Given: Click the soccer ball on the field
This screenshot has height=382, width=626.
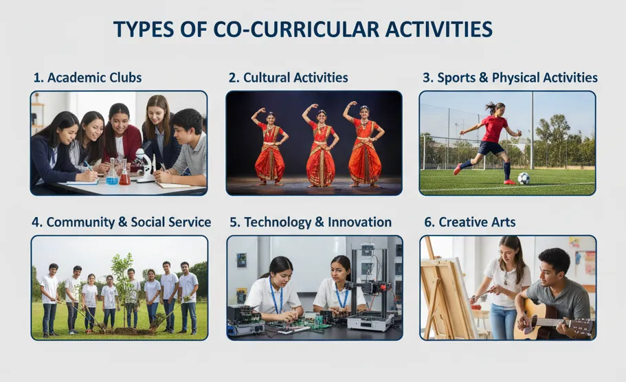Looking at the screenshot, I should (x=524, y=179).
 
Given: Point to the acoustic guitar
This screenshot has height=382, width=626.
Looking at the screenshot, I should (x=543, y=320).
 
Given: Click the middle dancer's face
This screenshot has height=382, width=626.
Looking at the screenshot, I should (x=321, y=115).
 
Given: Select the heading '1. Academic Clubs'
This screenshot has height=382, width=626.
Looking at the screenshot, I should (x=87, y=78).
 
